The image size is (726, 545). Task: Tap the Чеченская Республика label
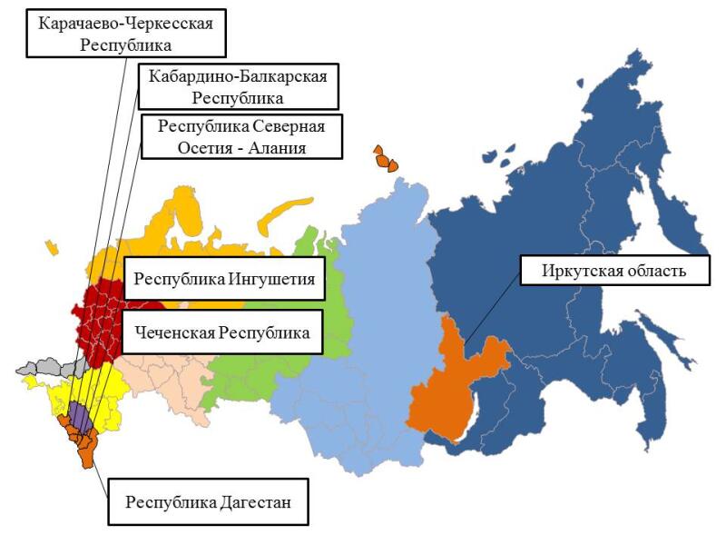click(222, 333)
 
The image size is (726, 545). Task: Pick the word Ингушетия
click(273, 279)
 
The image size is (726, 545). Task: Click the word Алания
click(272, 146)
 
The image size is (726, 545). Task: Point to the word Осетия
click(186, 146)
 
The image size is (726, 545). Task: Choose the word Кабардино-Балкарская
click(238, 75)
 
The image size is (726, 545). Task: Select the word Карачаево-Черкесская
click(125, 23)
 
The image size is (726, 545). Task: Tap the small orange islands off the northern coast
click(385, 159)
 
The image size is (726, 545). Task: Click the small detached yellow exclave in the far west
click(51, 246)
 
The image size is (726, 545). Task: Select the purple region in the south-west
click(81, 417)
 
